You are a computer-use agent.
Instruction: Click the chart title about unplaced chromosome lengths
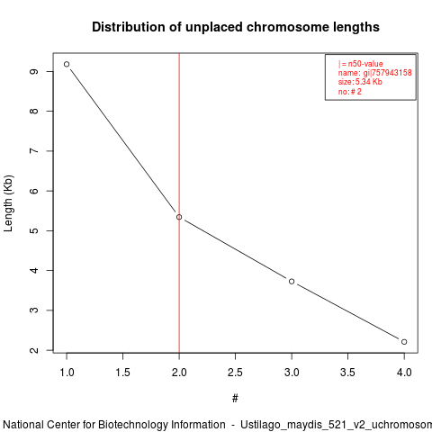236,27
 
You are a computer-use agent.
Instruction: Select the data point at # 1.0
67,64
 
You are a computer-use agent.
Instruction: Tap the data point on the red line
179,217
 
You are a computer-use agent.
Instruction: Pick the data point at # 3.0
292,282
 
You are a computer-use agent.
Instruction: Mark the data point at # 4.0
404,342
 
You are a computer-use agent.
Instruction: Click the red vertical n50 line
179,202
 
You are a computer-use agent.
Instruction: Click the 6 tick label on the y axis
34,191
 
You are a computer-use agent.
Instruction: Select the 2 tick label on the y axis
34,350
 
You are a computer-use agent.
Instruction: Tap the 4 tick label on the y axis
34,270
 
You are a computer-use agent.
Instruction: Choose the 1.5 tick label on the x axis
122,373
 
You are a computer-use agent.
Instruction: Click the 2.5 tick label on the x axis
235,373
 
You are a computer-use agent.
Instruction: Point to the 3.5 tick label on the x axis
347,373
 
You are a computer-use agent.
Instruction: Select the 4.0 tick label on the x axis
404,373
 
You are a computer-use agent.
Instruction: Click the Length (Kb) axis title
8,203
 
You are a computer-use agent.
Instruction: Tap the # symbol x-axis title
235,399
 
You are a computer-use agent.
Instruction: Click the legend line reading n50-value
361,64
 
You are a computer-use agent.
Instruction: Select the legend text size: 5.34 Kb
360,82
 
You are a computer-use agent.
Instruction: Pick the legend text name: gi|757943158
375,73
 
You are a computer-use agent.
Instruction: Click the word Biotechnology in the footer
133,425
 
